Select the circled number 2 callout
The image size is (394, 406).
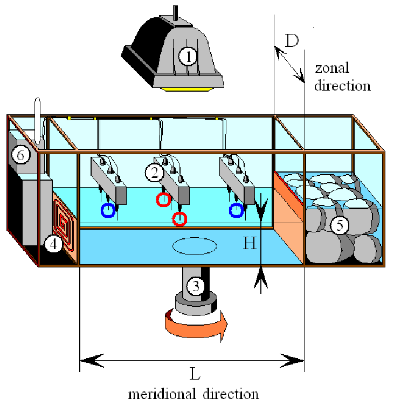pos(154,172)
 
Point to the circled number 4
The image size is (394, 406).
pos(52,244)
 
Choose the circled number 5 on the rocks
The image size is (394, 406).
pos(339,225)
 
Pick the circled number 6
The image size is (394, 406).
pos(20,155)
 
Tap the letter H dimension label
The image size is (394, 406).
pos(249,244)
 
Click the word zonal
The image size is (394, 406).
pos(332,68)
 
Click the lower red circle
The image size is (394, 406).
pos(179,219)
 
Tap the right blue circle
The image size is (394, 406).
pos(236,210)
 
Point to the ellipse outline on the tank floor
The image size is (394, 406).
pos(195,245)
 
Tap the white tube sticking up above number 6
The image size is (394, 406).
pos(37,119)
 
